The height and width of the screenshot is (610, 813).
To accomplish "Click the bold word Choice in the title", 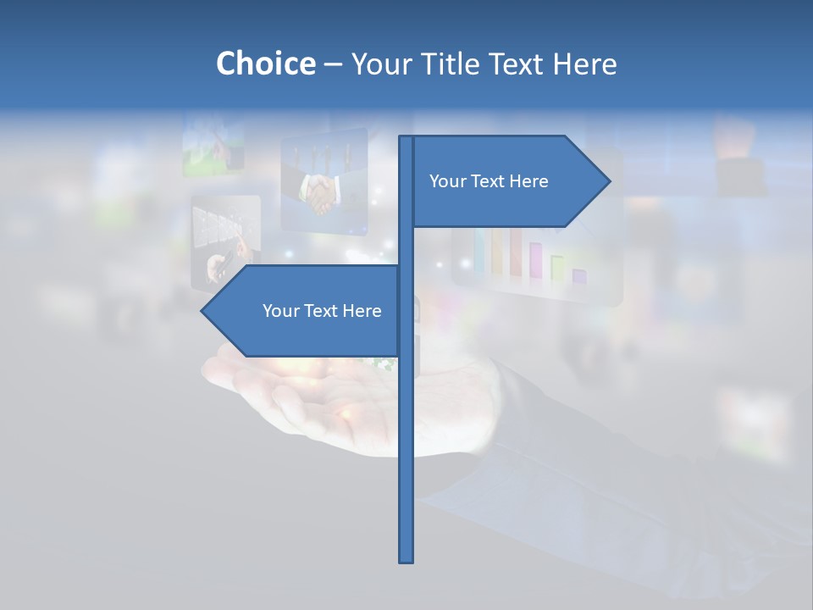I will (265, 64).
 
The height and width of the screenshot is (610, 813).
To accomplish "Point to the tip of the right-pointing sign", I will (608, 180).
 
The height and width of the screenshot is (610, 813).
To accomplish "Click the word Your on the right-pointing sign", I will (447, 181).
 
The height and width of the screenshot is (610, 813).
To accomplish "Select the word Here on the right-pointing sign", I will (528, 181).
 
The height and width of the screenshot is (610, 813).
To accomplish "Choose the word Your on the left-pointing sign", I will (280, 311).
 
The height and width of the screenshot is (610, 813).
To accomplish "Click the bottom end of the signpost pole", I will (406, 560).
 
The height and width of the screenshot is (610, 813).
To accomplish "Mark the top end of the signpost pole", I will (406, 137).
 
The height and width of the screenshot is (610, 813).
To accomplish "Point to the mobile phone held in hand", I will (219, 266).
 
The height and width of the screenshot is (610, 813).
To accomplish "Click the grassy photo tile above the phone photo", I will (213, 146).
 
